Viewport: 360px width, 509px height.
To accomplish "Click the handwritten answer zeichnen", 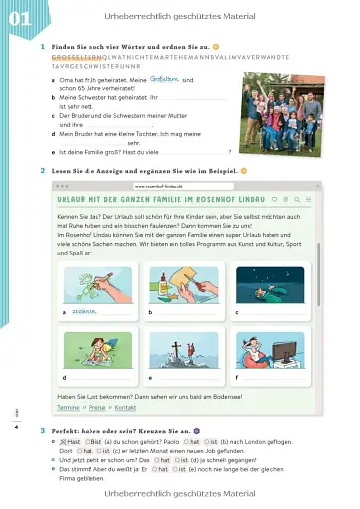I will (85, 312).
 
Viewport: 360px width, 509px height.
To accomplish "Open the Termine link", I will (68, 407).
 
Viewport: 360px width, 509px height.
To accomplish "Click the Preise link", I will (96, 407).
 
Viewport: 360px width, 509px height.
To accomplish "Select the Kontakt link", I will (125, 407).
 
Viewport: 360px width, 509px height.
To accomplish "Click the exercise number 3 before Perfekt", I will (41, 429).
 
